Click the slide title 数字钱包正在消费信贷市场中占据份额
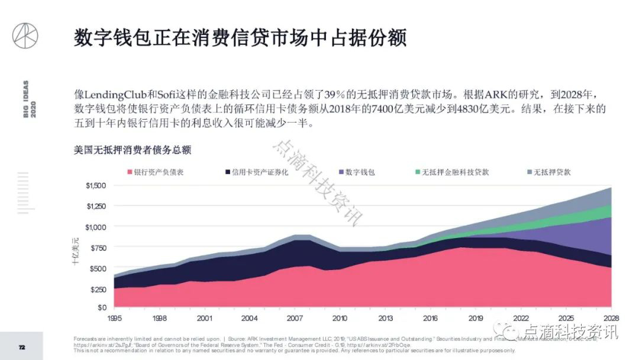point(240,37)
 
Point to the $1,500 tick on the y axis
point(96,185)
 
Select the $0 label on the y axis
point(101,308)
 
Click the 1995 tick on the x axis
point(115,318)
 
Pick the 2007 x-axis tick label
point(295,318)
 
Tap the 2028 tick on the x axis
point(610,318)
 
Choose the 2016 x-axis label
point(430,318)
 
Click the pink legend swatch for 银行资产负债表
point(130,172)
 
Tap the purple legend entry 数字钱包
point(361,172)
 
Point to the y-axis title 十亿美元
point(76,250)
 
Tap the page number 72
point(22,347)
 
